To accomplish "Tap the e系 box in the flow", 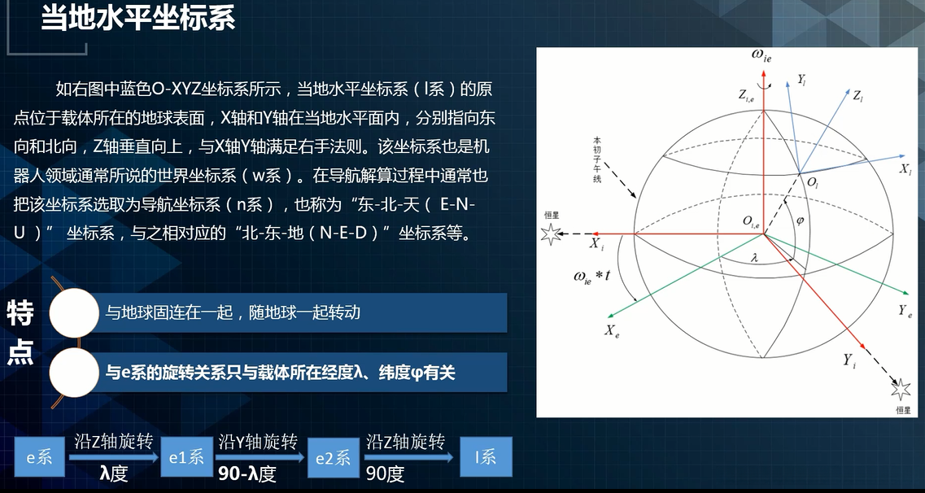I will click(39, 457).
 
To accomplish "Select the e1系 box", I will click(185, 457).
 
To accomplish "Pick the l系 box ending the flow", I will click(485, 457).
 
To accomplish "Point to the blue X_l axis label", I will click(905, 169).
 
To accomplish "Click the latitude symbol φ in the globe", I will click(799, 220).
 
